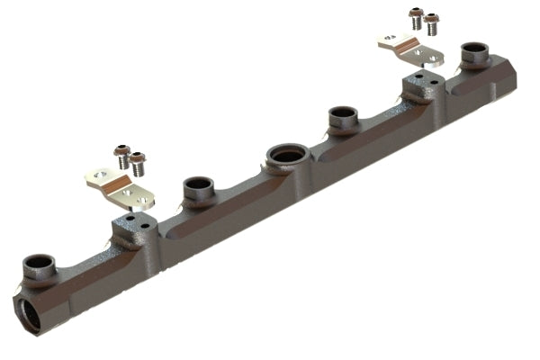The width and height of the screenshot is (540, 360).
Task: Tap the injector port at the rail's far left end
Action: tap(39, 265)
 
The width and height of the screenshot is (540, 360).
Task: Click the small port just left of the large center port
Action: tap(198, 188)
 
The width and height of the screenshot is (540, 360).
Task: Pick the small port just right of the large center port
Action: tap(342, 116)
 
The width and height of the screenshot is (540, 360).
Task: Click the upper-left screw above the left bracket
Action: tap(121, 154)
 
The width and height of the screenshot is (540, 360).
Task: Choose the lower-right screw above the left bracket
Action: tap(138, 163)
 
